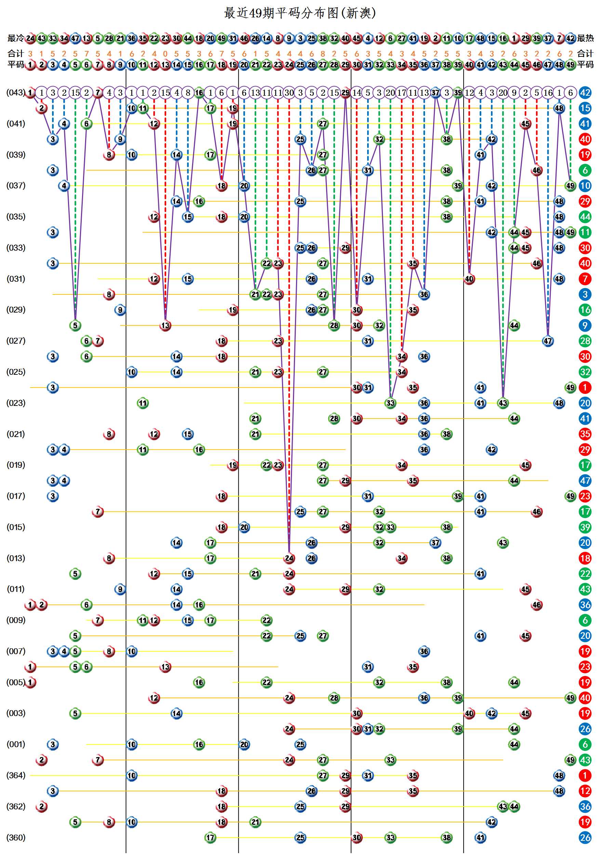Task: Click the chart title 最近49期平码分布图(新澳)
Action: [x=300, y=13]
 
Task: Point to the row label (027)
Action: [x=16, y=341]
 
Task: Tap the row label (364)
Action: [x=16, y=775]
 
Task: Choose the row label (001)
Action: [x=16, y=744]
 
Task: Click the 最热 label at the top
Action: [x=585, y=38]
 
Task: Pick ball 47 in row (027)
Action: [x=548, y=341]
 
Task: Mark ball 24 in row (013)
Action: [x=289, y=558]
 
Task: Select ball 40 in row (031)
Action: [x=469, y=279]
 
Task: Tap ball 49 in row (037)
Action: [x=570, y=186]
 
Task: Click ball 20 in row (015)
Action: [x=244, y=527]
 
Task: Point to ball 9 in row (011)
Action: [x=120, y=589]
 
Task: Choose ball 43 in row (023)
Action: [x=503, y=403]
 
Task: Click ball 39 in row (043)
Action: [x=458, y=93]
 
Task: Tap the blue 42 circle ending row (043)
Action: [x=585, y=93]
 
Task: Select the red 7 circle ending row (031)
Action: [x=585, y=279]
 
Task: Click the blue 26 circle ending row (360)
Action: [x=585, y=837]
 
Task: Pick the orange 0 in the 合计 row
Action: [x=165, y=54]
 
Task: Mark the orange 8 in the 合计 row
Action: [x=323, y=54]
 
